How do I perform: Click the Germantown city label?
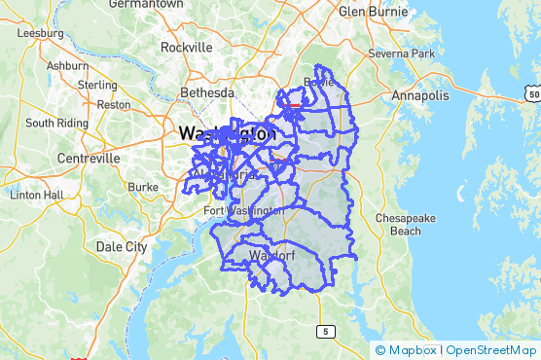[x=146, y=4]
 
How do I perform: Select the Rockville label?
[x=186, y=47]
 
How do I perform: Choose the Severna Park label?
[x=401, y=54]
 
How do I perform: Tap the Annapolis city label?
[x=420, y=96]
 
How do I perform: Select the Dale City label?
[x=122, y=246]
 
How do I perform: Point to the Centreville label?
[x=89, y=158]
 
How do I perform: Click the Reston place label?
[x=114, y=104]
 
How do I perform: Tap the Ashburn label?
[x=67, y=65]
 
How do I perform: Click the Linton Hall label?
[x=36, y=195]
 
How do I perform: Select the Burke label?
[x=142, y=186]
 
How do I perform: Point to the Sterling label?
[x=97, y=85]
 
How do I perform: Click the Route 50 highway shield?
[x=530, y=91]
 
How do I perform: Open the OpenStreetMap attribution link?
[x=490, y=350]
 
